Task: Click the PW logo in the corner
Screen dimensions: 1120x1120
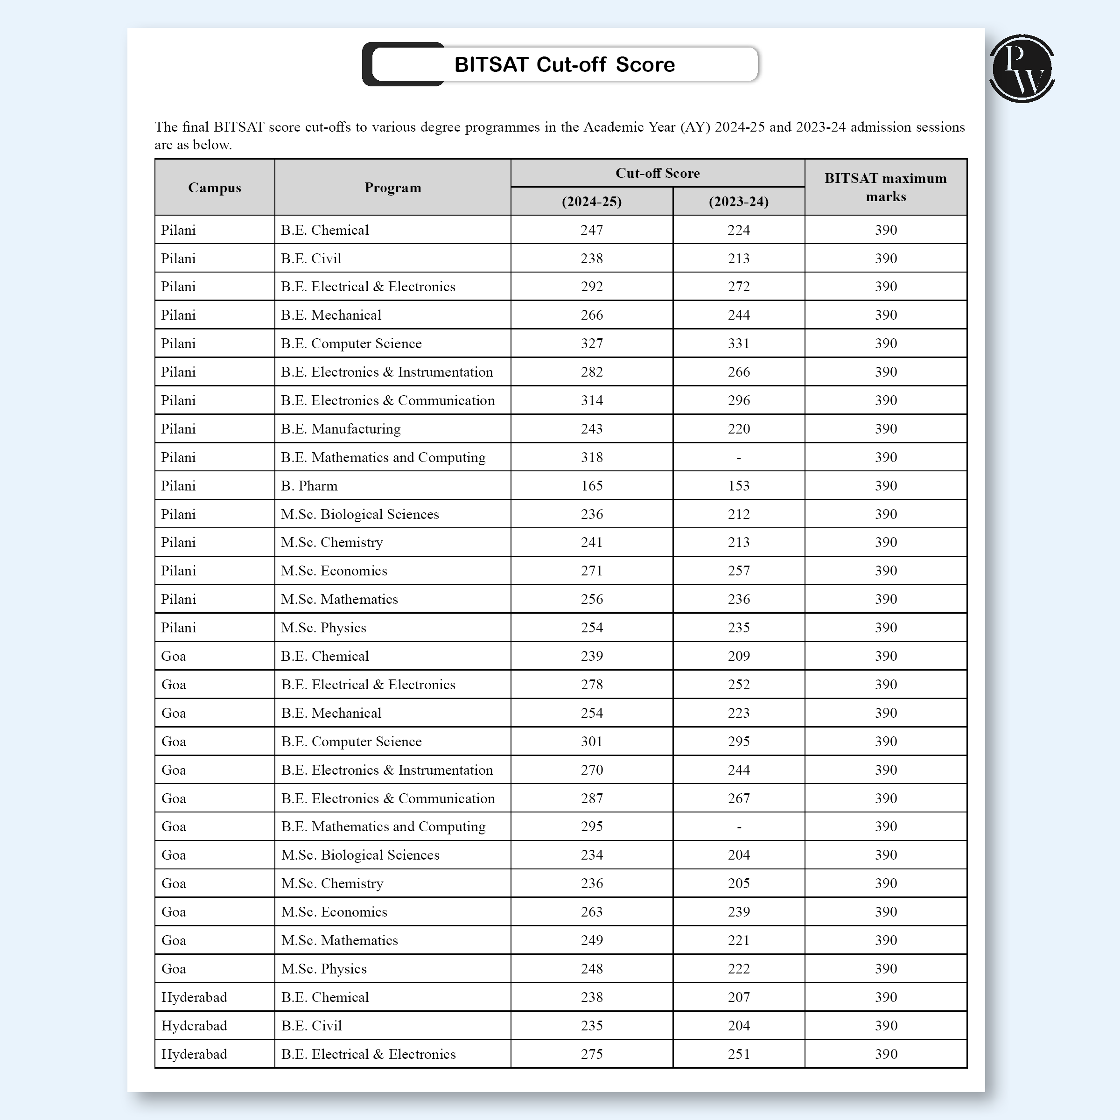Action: click(x=1022, y=69)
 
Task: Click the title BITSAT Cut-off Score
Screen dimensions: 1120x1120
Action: click(x=564, y=64)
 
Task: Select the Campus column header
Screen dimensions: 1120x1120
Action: click(x=215, y=187)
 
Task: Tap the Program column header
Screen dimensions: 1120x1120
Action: click(x=392, y=187)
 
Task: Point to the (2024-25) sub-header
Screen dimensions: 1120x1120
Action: click(x=591, y=202)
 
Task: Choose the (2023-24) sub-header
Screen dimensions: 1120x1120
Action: click(x=739, y=202)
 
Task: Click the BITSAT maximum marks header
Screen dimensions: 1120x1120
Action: click(x=885, y=187)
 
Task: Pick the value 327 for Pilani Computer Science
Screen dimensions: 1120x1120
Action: click(x=591, y=343)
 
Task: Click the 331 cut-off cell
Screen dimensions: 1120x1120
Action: click(x=739, y=343)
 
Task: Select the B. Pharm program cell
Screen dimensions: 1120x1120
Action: click(x=309, y=486)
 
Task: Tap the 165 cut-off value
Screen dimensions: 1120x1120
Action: click(x=591, y=486)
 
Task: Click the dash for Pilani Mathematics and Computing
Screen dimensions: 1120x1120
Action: click(x=739, y=457)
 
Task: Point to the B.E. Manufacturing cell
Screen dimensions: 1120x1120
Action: click(x=340, y=429)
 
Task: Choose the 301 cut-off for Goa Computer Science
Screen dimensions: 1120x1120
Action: click(x=591, y=742)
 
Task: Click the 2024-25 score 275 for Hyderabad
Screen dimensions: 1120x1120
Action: click(x=591, y=1054)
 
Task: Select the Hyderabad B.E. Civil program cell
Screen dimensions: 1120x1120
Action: click(x=311, y=1026)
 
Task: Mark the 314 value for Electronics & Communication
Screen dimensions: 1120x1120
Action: click(x=591, y=400)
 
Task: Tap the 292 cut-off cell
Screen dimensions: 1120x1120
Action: click(x=591, y=287)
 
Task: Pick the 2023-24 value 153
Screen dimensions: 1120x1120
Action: click(x=739, y=486)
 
